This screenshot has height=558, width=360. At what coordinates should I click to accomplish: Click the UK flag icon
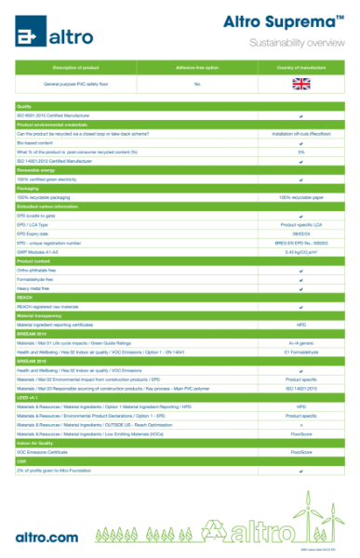300,84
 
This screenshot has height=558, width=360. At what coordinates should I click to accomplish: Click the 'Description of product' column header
76,68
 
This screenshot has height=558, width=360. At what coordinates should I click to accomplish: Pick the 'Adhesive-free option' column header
196,68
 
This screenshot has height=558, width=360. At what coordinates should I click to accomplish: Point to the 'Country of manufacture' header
300,68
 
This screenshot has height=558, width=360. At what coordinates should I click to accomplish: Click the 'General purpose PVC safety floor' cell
76,84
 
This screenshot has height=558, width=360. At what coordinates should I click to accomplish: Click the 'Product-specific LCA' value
300,224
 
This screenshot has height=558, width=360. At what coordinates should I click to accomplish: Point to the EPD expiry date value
300,233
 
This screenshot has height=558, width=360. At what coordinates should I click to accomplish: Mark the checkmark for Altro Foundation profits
300,472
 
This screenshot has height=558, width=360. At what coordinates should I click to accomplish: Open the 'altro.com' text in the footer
47,537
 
